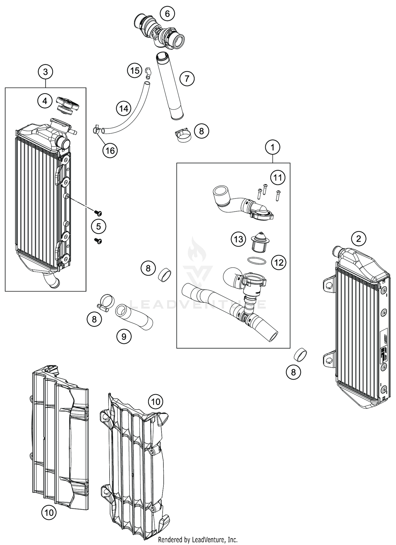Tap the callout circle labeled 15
(135, 71)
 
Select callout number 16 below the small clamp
(110, 151)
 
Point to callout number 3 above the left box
(45, 72)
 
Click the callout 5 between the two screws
(98, 227)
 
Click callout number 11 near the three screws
(278, 178)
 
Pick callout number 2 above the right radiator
(359, 239)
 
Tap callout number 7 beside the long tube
(187, 78)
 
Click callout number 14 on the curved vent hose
(124, 109)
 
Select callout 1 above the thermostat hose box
(273, 147)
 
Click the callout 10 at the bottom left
(49, 513)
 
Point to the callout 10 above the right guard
(156, 402)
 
